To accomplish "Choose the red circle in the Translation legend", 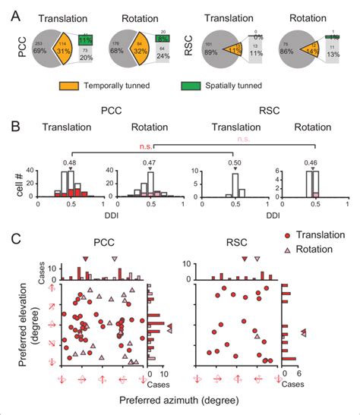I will [x=286, y=237].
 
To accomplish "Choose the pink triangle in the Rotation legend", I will [x=286, y=250].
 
